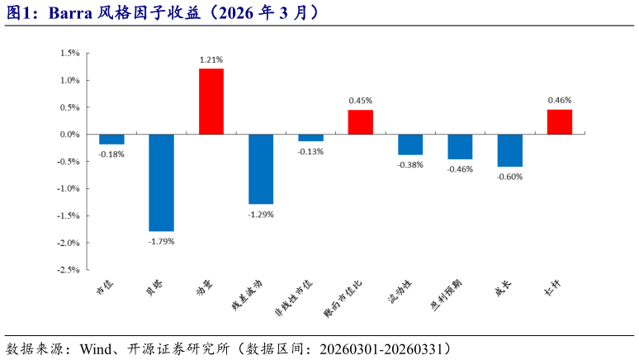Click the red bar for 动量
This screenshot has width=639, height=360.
[211, 101]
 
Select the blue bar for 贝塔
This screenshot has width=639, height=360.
[161, 182]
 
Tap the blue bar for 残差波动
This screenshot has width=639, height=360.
[261, 169]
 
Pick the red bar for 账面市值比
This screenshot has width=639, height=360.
[360, 122]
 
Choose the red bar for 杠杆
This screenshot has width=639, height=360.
[559, 121]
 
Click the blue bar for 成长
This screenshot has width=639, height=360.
[509, 150]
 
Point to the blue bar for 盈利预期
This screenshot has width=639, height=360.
[460, 147]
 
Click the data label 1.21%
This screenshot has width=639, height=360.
[211, 59]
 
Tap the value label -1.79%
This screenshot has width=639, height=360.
[161, 241]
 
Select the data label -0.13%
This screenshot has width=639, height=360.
[310, 151]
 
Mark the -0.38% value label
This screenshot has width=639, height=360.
[410, 164]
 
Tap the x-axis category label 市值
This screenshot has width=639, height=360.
[105, 288]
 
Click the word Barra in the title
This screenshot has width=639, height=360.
[67, 12]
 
